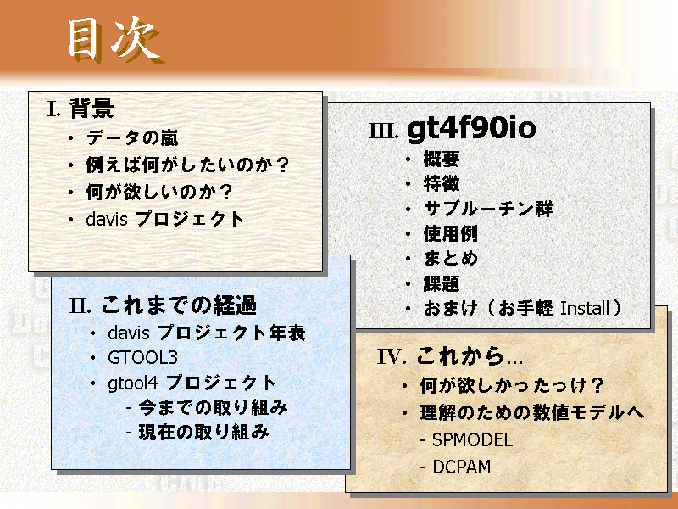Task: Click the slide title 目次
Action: coord(115,41)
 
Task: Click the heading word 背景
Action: coord(92,109)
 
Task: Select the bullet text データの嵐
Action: coord(132,138)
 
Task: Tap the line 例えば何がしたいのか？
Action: coord(187,165)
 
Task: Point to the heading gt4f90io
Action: coord(471,129)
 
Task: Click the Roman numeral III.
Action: coord(383,131)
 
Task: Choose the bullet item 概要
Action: coord(442,159)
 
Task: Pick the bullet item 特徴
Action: coord(442,183)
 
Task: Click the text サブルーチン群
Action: coord(488,209)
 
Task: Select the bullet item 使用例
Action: coord(451,234)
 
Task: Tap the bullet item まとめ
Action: coord(451,259)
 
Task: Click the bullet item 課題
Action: coord(442,284)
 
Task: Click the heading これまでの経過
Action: coord(179,305)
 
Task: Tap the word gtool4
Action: coord(133,383)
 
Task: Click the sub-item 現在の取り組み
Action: coord(203,432)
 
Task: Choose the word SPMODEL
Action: coord(473,439)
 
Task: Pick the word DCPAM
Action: coord(462,467)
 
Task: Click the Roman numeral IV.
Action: coord(392,356)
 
